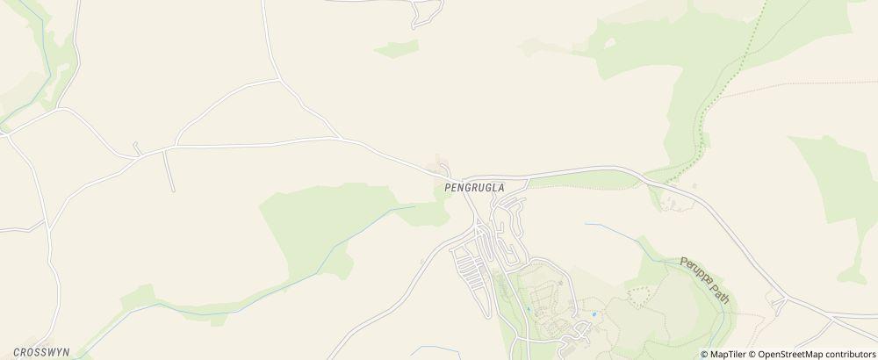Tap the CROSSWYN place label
[41, 351]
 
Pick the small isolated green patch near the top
[396, 49]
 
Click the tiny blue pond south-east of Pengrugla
[594, 314]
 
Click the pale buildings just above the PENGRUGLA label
[439, 164]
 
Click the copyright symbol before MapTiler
[705, 354]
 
